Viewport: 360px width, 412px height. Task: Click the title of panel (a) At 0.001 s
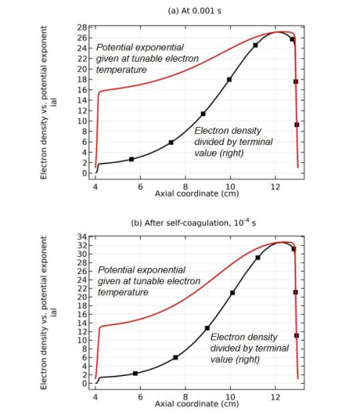pos(195,11)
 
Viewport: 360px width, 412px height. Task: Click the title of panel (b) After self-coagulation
pos(193,222)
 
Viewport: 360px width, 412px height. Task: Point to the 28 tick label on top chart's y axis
pos(82,27)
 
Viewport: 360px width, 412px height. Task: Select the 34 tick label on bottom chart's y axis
pos(82,237)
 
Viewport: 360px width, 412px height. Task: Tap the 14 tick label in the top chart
pos(82,100)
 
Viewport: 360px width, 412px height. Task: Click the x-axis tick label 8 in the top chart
pos(185,186)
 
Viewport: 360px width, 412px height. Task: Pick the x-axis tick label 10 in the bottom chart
pos(230,397)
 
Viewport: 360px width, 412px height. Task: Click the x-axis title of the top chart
pos(197,193)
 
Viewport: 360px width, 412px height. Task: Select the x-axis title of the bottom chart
pos(197,404)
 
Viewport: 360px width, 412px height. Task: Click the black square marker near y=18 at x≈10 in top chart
pos(229,79)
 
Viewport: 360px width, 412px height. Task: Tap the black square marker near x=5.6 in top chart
pos(131,159)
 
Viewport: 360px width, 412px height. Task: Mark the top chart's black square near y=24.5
pos(255,45)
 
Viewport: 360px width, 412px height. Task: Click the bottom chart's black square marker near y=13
pos(207,328)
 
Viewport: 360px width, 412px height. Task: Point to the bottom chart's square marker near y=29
pos(257,258)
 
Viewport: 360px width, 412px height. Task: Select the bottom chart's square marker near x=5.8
pos(135,374)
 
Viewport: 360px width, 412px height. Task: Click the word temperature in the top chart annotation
pos(121,70)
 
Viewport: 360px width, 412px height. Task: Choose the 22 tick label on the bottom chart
pos(82,288)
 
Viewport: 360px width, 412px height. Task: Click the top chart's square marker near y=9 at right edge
pos(297,125)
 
